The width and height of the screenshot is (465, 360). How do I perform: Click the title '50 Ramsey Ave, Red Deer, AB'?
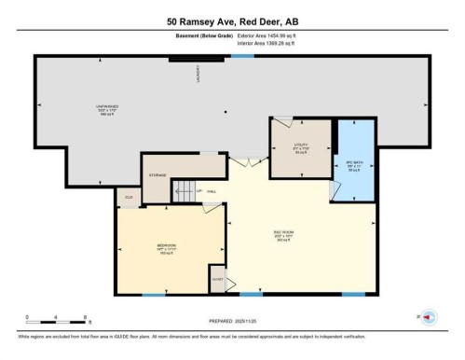tap(232, 21)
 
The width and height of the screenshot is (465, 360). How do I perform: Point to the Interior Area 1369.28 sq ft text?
tap(273, 42)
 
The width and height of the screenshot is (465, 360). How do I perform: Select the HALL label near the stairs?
tap(212, 192)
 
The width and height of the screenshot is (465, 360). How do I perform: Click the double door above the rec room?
tap(244, 162)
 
